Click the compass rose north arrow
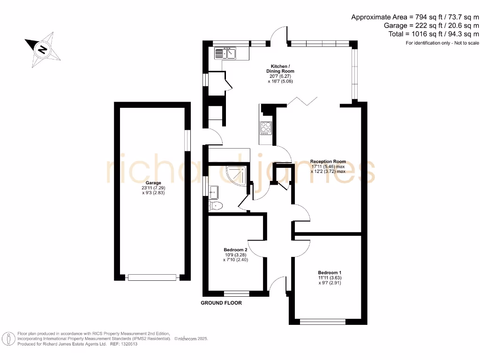[43, 49]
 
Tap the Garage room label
[153, 183]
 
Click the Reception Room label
[328, 162]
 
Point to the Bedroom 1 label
[330, 273]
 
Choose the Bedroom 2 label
[235, 249]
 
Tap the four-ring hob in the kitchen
[266, 128]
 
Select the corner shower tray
[235, 175]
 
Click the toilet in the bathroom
[217, 205]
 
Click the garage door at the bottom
[153, 277]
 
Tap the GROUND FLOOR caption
[221, 303]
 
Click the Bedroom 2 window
[236, 294]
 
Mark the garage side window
[187, 140]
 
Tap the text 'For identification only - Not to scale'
[442, 43]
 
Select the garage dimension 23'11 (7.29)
[153, 188]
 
